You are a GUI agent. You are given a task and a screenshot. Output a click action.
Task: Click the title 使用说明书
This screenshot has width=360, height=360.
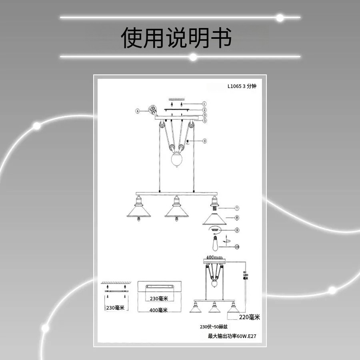click(x=176, y=38)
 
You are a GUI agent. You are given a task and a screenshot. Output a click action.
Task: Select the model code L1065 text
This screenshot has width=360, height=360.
click(x=234, y=86)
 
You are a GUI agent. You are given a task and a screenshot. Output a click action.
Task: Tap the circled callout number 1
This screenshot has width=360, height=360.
click(x=204, y=104)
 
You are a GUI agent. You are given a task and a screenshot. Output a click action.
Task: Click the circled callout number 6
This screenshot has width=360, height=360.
click(x=204, y=141)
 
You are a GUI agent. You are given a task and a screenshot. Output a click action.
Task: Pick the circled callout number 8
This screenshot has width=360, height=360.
click(x=237, y=218)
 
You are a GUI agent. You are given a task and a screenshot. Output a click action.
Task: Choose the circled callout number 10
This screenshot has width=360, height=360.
click(x=237, y=247)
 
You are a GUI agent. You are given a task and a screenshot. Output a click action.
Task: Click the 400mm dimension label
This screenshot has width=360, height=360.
click(x=214, y=257)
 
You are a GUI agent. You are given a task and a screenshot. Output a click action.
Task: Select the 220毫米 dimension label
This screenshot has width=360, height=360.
click(x=249, y=317)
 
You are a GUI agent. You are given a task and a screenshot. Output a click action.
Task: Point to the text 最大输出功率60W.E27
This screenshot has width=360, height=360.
click(x=232, y=336)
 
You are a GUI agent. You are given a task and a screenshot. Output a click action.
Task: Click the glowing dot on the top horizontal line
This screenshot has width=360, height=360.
click(x=280, y=18)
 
